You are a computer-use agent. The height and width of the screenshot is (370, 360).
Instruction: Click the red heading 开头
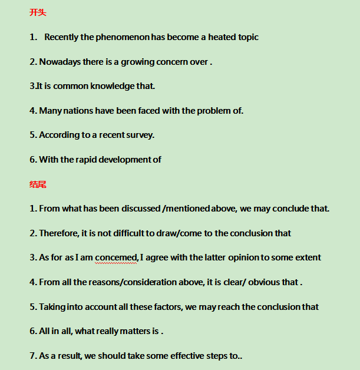pos(38,12)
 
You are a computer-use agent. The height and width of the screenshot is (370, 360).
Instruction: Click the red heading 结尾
pos(38,184)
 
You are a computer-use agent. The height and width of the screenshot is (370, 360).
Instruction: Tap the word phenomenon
pos(123,37)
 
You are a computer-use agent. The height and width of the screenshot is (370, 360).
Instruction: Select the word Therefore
pos(59,233)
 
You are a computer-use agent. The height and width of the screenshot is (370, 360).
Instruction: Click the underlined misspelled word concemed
pos(115,257)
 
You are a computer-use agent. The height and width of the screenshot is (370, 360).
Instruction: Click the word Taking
pos(52,307)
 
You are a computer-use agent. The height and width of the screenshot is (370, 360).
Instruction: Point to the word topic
pos(248,37)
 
